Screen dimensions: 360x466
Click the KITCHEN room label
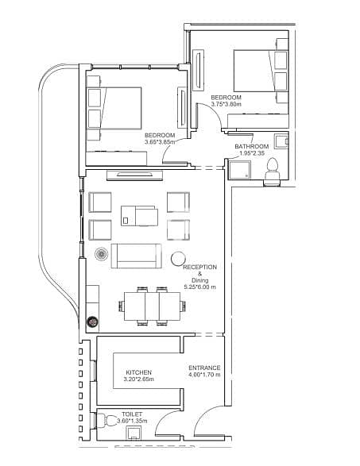point(138,372)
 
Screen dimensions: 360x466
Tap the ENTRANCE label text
point(204,368)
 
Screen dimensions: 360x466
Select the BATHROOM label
point(252,147)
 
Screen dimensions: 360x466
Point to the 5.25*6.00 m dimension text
point(200,287)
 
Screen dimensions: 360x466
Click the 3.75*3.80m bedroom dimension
point(226,104)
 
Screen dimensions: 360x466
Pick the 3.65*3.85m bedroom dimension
point(160,142)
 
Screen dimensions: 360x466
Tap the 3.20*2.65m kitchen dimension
point(138,379)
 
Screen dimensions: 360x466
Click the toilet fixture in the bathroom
point(273,171)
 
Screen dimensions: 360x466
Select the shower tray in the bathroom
point(240,170)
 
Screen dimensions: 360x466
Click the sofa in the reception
point(136,256)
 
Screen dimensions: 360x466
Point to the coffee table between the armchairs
point(139,216)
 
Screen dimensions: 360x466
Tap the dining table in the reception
point(152,306)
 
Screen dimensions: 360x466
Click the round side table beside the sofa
point(178,259)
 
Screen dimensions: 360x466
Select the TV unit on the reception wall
point(135,175)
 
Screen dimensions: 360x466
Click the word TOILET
point(132,414)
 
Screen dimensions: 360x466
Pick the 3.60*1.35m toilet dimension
point(132,421)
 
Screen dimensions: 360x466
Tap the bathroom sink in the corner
point(281,141)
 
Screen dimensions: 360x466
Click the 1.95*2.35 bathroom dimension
point(252,153)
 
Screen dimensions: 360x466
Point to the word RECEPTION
point(199,267)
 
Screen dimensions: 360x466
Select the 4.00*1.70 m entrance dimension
point(204,375)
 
